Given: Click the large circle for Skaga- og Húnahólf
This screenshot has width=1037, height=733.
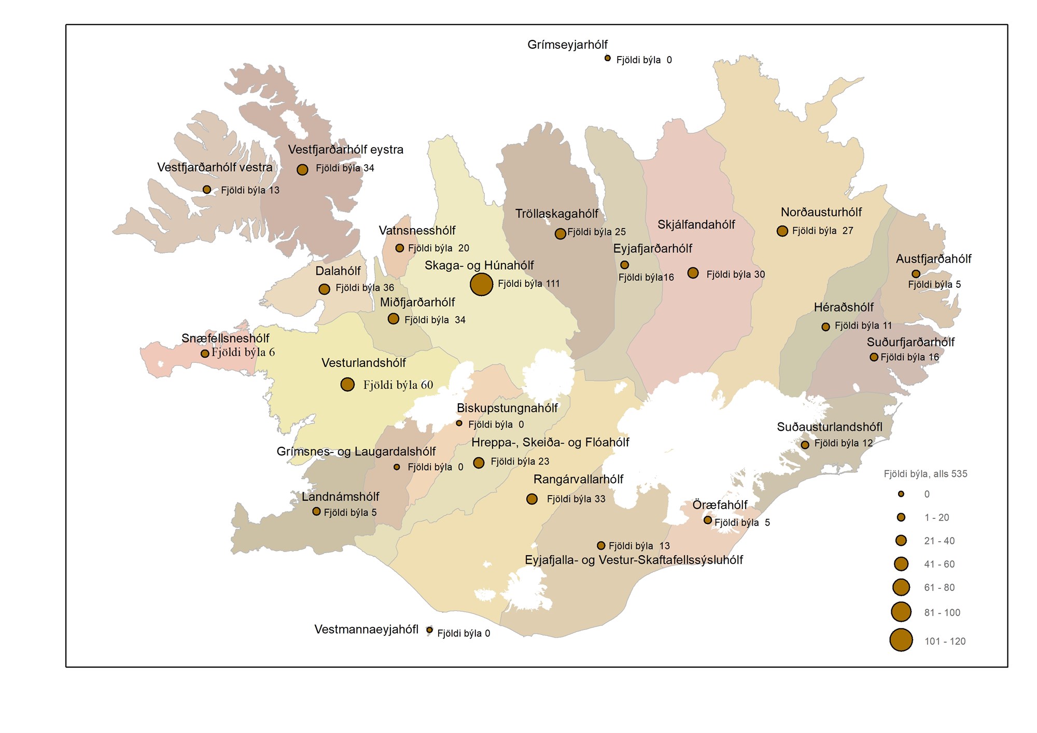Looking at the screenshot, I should pyautogui.click(x=481, y=284).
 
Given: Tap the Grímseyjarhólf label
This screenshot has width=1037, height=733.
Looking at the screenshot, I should pyautogui.click(x=567, y=45).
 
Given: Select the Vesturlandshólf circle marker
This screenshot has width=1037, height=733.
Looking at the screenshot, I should pyautogui.click(x=347, y=384).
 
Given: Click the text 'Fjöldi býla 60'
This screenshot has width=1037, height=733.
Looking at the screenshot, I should pyautogui.click(x=398, y=385).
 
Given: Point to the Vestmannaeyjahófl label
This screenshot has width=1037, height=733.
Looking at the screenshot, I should pyautogui.click(x=366, y=629).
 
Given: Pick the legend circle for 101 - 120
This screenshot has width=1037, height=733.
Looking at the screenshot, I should pyautogui.click(x=901, y=640).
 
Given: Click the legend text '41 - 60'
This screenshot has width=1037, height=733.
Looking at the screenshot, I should pyautogui.click(x=939, y=564).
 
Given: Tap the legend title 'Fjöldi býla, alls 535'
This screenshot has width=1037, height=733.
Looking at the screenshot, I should pyautogui.click(x=926, y=474).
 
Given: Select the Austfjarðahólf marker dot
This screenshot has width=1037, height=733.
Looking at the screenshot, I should pyautogui.click(x=916, y=274).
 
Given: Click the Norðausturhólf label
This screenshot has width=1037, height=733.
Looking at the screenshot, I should pyautogui.click(x=821, y=212).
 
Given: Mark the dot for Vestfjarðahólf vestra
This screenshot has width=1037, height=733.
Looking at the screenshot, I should pyautogui.click(x=207, y=190).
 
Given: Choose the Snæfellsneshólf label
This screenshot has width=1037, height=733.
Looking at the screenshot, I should pyautogui.click(x=225, y=338).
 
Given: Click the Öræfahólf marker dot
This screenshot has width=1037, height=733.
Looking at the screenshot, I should pyautogui.click(x=708, y=520).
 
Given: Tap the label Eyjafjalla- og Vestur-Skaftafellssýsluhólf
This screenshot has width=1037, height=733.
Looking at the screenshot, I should pyautogui.click(x=634, y=560).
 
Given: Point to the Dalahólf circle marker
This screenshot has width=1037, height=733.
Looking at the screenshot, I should pyautogui.click(x=324, y=289).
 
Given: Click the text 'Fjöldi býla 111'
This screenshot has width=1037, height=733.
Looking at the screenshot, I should pyautogui.click(x=528, y=284).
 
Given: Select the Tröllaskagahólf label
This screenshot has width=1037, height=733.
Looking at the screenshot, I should pyautogui.click(x=556, y=214).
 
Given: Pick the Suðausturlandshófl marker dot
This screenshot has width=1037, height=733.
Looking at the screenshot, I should pyautogui.click(x=805, y=445).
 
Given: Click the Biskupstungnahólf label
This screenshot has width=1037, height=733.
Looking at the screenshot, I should pyautogui.click(x=507, y=408).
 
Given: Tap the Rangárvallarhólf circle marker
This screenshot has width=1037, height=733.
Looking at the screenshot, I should pyautogui.click(x=532, y=499).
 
